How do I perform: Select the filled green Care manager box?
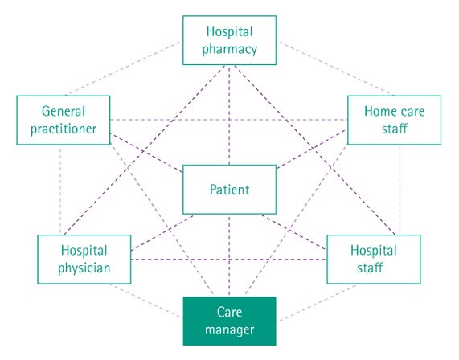coord(230,321)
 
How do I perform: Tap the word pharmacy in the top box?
coord(230,49)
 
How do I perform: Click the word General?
coord(64,111)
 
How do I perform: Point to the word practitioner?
coord(64,129)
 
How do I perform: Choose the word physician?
coord(84,268)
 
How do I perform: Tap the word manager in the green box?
coord(230,330)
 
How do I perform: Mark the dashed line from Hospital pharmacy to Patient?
coord(229,115)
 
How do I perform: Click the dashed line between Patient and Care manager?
coord(229,256)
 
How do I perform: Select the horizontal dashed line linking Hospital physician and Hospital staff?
coord(229,260)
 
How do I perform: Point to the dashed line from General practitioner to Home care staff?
coord(229,120)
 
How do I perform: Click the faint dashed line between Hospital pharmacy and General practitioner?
coord(123,68)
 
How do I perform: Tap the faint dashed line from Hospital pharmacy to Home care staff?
coord(336,68)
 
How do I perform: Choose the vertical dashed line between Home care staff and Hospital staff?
coord(400,190)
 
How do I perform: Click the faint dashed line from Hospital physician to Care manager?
coord(145,301)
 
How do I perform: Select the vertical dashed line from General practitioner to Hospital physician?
coord(60,190)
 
